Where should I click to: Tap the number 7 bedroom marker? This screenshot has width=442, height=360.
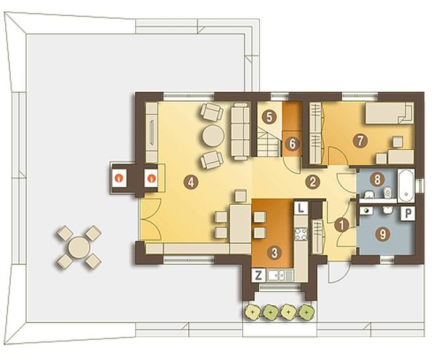pyautogui.click(x=360, y=141)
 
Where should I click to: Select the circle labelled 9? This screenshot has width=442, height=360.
pyautogui.click(x=383, y=234)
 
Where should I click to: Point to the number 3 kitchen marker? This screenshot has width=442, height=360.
pyautogui.click(x=275, y=253)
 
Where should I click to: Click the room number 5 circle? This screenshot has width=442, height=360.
pyautogui.click(x=269, y=117)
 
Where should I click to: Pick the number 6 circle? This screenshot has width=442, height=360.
pyautogui.click(x=292, y=144)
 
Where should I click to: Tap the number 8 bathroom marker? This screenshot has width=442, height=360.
pyautogui.click(x=378, y=179)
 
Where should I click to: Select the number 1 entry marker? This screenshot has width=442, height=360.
pyautogui.click(x=342, y=225)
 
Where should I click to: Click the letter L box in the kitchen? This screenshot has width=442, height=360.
pyautogui.click(x=301, y=208)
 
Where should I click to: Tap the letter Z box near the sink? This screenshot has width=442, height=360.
pyautogui.click(x=259, y=276)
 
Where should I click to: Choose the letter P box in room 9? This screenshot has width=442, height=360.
pyautogui.click(x=408, y=213)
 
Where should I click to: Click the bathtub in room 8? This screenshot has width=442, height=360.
pyautogui.click(x=406, y=185)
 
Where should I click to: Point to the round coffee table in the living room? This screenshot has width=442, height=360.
pyautogui.click(x=213, y=136)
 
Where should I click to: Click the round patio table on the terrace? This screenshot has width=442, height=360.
pyautogui.click(x=79, y=247)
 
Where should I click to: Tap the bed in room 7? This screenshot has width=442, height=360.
pyautogui.click(x=389, y=113)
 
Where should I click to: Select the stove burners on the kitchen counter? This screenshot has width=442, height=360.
pyautogui.click(x=301, y=234)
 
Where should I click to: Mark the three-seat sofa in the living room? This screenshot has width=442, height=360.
pyautogui.click(x=240, y=131)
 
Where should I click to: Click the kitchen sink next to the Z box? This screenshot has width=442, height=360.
pyautogui.click(x=277, y=276)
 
